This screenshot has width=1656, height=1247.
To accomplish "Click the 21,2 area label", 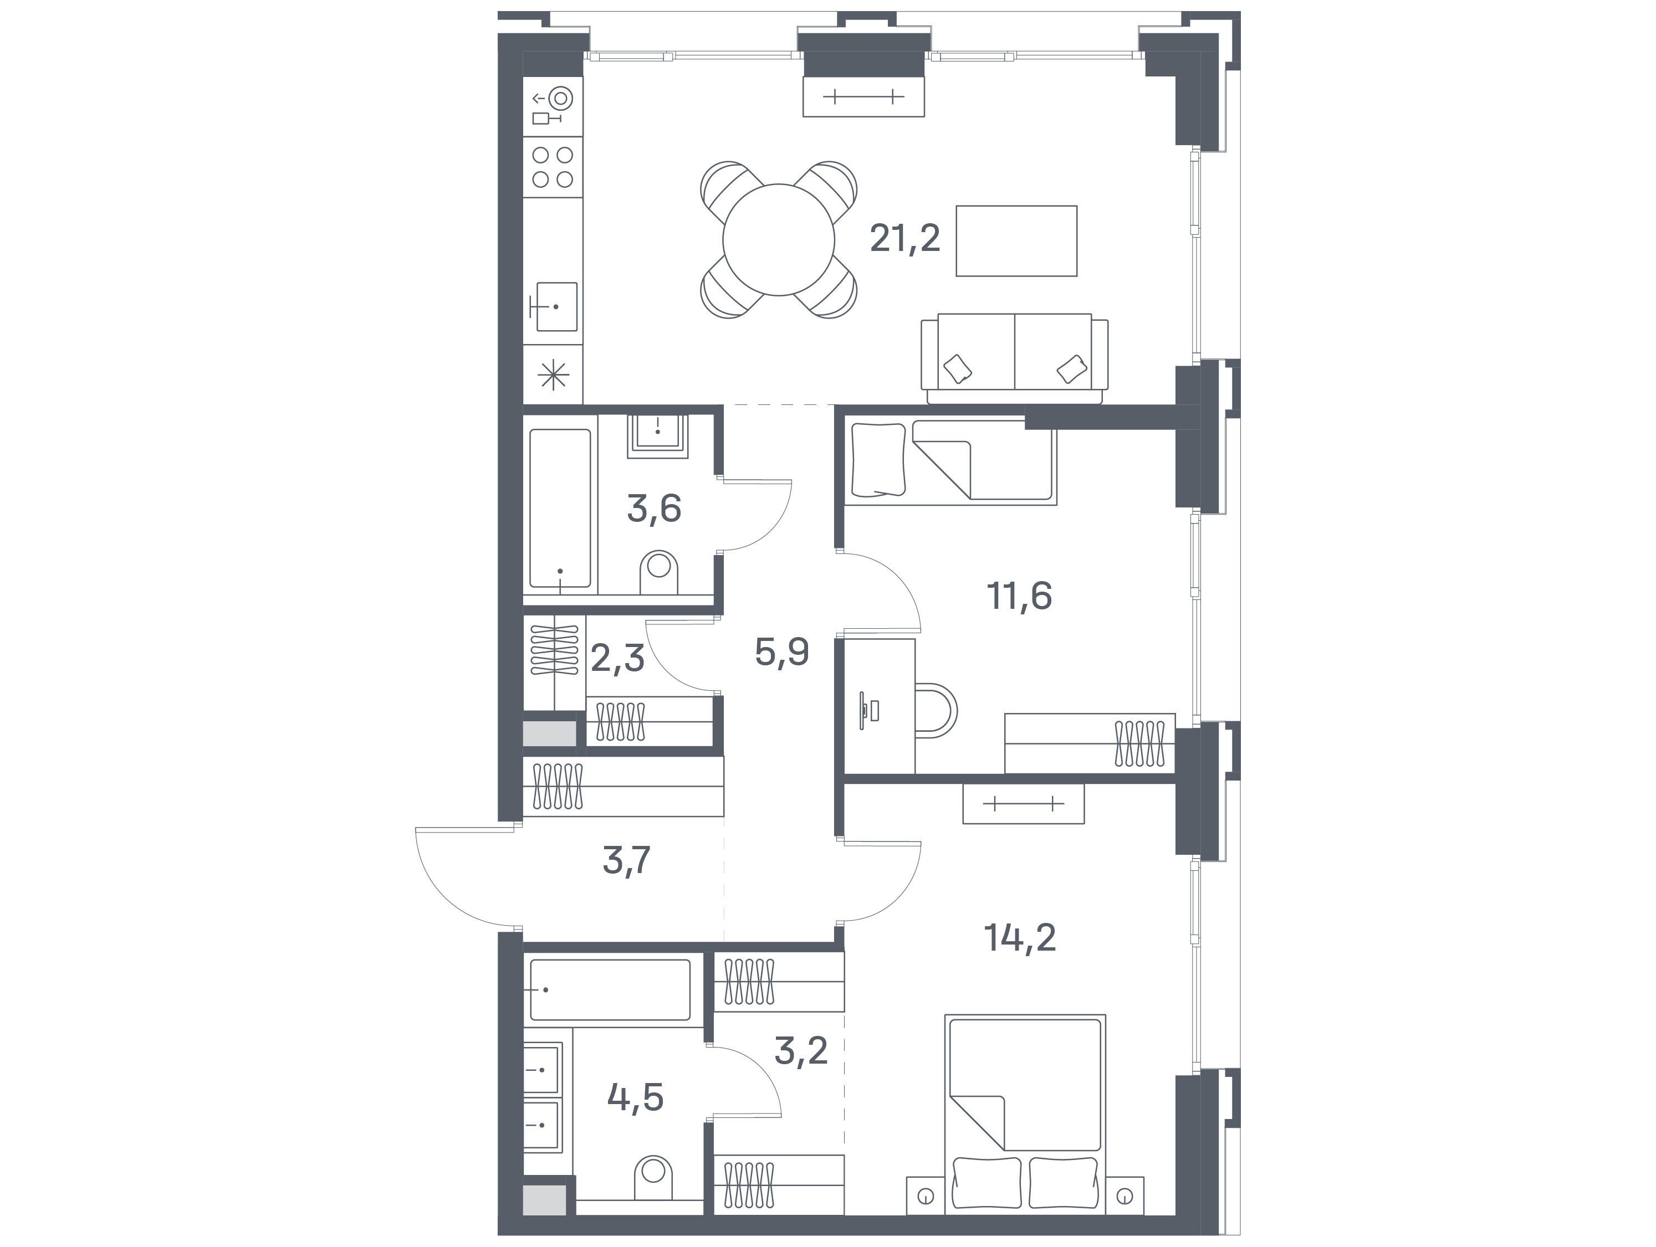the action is [904, 239].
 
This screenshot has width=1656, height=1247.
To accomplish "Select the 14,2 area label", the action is [1021, 938].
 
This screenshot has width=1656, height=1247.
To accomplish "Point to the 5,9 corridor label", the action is [781, 652].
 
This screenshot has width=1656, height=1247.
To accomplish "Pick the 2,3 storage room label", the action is [617, 658].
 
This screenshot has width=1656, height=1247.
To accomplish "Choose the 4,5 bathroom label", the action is [636, 1098].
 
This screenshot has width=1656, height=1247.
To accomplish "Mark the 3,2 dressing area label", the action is [800, 1051].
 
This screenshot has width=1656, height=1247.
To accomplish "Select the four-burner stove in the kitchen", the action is [553, 167].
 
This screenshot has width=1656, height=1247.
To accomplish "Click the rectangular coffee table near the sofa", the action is [1016, 241].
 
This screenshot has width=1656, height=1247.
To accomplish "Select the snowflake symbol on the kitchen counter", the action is [554, 375].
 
